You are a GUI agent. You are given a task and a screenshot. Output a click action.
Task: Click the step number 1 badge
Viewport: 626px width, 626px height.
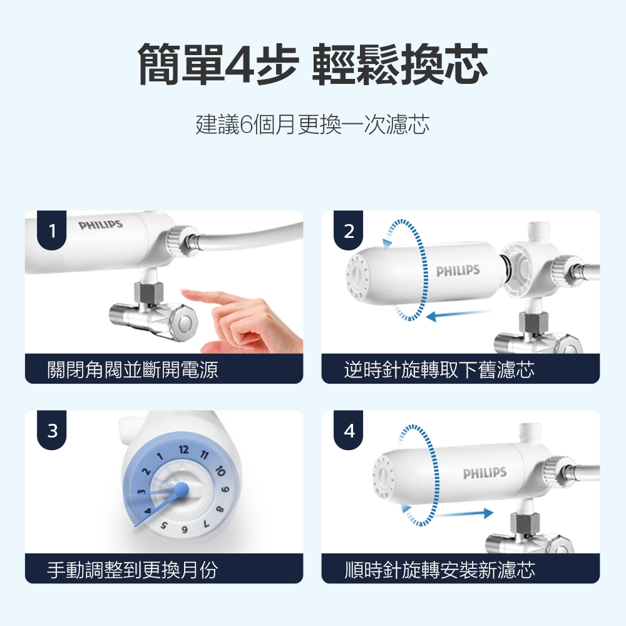(x=52, y=230)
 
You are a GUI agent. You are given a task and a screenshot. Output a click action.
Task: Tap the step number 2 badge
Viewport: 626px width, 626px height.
(x=349, y=230)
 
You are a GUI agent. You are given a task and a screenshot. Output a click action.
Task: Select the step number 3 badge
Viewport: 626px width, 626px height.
(x=52, y=431)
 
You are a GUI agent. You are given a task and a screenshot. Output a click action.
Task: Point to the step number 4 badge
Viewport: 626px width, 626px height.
(x=349, y=431)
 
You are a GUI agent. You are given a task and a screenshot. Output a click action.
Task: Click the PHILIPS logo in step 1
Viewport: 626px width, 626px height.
(x=101, y=225)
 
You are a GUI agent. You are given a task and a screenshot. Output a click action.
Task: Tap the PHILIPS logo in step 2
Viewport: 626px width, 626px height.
(x=458, y=271)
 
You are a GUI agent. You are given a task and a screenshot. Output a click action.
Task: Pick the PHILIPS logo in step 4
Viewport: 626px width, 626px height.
(x=485, y=473)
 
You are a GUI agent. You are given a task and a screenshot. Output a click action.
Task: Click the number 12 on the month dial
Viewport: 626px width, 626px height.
(x=183, y=450)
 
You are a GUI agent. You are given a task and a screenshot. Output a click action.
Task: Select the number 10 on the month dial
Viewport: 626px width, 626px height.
(x=220, y=471)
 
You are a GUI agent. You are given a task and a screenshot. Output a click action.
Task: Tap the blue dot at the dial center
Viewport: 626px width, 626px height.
(x=182, y=489)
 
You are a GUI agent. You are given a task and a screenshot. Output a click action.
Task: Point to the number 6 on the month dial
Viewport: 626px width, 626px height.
(x=185, y=530)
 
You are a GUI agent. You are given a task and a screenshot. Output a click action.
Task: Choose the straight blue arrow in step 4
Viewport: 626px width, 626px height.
(x=464, y=513)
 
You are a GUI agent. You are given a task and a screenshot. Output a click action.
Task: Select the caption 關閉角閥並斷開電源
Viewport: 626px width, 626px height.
(x=133, y=369)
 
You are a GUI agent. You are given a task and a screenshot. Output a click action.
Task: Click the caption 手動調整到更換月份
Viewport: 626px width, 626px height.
(x=133, y=569)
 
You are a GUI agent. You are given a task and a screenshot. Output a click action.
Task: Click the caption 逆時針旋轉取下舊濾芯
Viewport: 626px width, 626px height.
(x=439, y=369)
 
